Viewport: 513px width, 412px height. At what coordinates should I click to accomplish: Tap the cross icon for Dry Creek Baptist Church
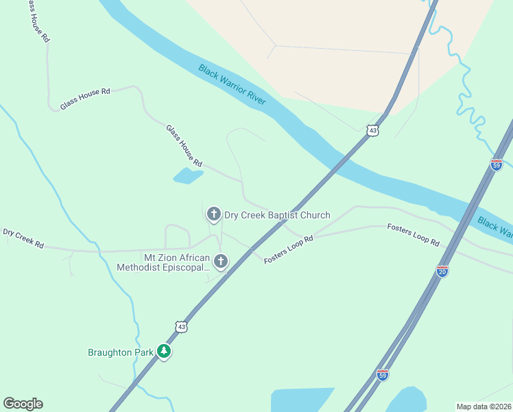click(213, 214)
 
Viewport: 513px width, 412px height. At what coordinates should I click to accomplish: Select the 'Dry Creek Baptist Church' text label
click(277, 215)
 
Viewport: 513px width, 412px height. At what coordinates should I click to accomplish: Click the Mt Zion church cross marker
click(220, 261)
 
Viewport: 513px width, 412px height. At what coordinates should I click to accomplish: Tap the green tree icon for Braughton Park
click(163, 351)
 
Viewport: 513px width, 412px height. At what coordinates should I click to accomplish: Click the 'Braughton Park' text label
click(120, 353)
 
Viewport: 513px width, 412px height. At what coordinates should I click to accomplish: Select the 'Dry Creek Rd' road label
click(23, 238)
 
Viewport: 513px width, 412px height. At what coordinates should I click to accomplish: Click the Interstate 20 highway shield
click(442, 271)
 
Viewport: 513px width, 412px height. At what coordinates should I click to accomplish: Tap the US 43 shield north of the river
click(372, 130)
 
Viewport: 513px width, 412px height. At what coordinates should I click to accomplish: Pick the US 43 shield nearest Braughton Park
click(180, 328)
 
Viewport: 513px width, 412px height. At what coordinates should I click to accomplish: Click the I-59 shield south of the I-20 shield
click(383, 375)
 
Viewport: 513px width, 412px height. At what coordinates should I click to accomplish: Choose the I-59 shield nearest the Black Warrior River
click(497, 165)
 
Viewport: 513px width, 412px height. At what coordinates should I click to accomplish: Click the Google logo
click(23, 404)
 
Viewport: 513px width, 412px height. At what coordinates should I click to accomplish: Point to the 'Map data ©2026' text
click(484, 406)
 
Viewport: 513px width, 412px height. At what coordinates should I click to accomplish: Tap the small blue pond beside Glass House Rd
click(188, 176)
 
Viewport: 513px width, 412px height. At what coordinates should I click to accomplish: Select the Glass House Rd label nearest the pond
click(184, 146)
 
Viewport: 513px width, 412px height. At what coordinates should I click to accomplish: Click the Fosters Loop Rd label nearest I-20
click(413, 234)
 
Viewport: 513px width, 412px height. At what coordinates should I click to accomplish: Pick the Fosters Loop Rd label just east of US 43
click(288, 250)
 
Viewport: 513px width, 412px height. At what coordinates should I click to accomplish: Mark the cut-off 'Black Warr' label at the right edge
click(494, 227)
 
